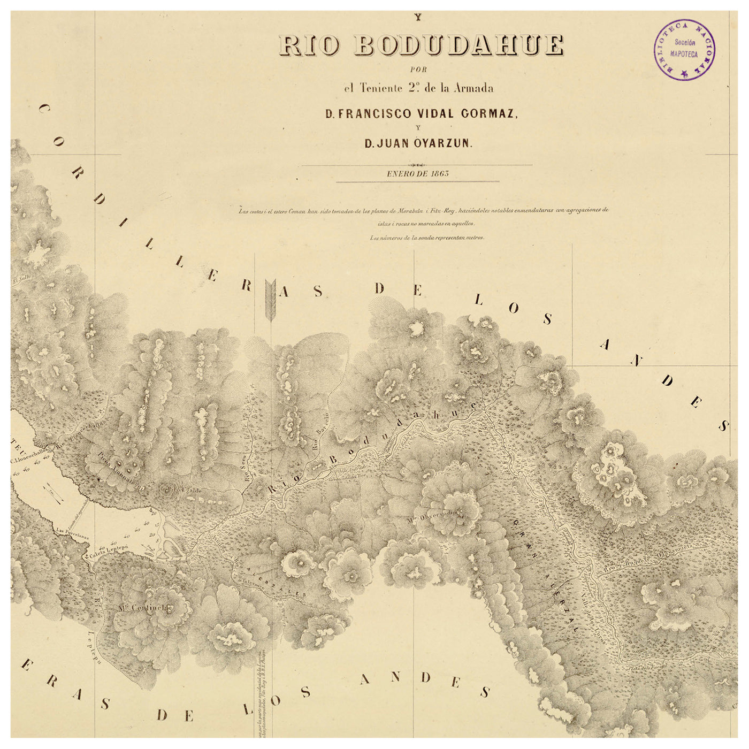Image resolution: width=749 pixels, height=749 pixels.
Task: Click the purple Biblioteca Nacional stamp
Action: point(684,50)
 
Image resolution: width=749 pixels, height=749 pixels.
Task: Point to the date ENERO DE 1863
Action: point(418,173)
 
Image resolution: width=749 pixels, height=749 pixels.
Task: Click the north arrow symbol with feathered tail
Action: point(270,302)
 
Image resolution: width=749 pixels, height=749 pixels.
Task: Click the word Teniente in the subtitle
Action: point(384,88)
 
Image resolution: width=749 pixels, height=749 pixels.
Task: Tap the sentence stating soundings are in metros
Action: point(427,238)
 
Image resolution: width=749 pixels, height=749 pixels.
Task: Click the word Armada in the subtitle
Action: point(473,88)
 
